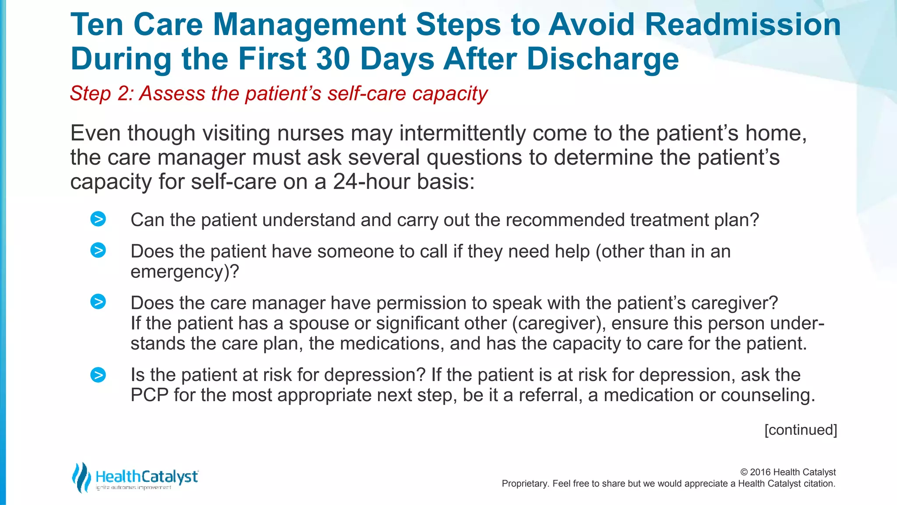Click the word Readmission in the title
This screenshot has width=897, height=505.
click(743, 25)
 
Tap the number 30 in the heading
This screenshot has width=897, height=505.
click(335, 59)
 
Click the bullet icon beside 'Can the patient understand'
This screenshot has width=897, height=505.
click(98, 219)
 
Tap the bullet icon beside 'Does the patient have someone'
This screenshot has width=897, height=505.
click(98, 250)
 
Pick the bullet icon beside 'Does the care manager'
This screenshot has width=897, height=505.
click(98, 302)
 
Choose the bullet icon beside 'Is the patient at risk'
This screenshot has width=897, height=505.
click(98, 375)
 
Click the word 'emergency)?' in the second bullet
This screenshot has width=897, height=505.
click(185, 272)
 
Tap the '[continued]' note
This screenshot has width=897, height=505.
click(801, 430)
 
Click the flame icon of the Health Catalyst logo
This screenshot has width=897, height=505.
click(81, 477)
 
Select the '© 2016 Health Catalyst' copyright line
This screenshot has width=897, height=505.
click(788, 472)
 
